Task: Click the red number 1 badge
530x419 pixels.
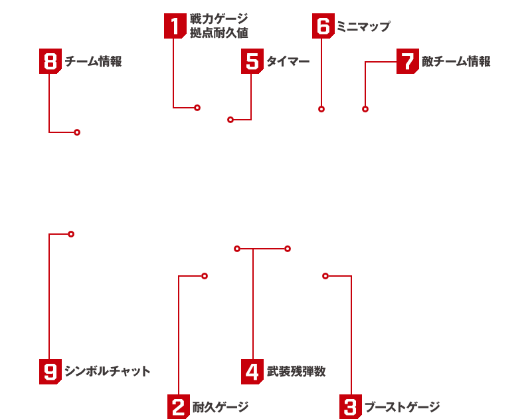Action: pyautogui.click(x=175, y=26)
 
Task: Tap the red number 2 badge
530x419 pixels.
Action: pyautogui.click(x=179, y=406)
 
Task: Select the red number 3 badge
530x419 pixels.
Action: pyautogui.click(x=351, y=406)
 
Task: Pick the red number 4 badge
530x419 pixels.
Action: pyautogui.click(x=252, y=372)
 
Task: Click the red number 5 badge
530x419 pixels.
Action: pyautogui.click(x=252, y=61)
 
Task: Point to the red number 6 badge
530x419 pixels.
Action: pyautogui.click(x=323, y=26)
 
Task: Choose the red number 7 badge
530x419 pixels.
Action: pyautogui.click(x=408, y=61)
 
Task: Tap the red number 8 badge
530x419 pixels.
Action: pyautogui.click(x=50, y=61)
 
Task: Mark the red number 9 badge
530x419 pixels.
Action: pyautogui.click(x=50, y=372)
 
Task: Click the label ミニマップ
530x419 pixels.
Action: pyautogui.click(x=364, y=26)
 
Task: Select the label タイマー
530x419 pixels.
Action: pyautogui.click(x=288, y=61)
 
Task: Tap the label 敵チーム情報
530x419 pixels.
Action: pyautogui.click(x=456, y=61)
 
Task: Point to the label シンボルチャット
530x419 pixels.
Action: pyautogui.click(x=107, y=371)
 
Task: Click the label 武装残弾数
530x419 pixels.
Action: pyautogui.click(x=296, y=371)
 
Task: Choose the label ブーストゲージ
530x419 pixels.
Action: pyautogui.click(x=402, y=406)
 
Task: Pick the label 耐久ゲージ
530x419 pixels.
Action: pyautogui.click(x=221, y=406)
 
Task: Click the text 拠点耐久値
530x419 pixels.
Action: pyautogui.click(x=219, y=33)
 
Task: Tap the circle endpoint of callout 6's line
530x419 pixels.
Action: pyautogui.click(x=321, y=109)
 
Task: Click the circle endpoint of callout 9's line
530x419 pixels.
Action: pyautogui.click(x=71, y=234)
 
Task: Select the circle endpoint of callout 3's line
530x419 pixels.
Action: pyautogui.click(x=325, y=276)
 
